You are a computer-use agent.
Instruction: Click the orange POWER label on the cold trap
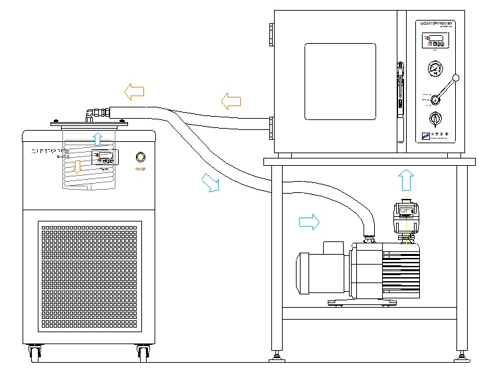140,169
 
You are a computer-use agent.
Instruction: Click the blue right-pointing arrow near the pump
309,221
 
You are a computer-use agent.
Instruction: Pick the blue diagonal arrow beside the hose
210,182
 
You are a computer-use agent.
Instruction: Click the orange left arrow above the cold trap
135,90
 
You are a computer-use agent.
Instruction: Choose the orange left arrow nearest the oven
231,101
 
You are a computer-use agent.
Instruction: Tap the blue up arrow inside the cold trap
98,139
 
